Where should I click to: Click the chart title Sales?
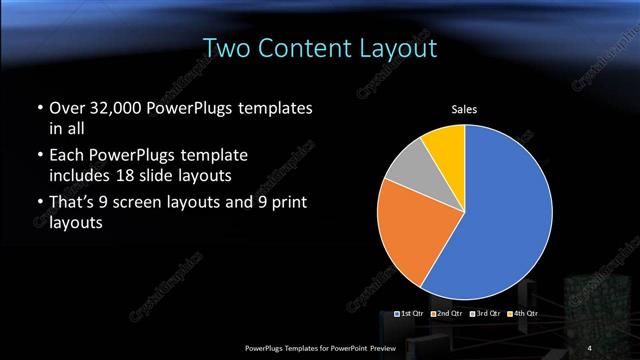[464, 109]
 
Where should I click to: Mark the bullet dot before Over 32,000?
[39, 107]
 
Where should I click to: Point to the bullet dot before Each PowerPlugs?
[39, 157]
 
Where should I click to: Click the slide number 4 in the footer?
[589, 347]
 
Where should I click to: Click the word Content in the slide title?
[305, 48]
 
